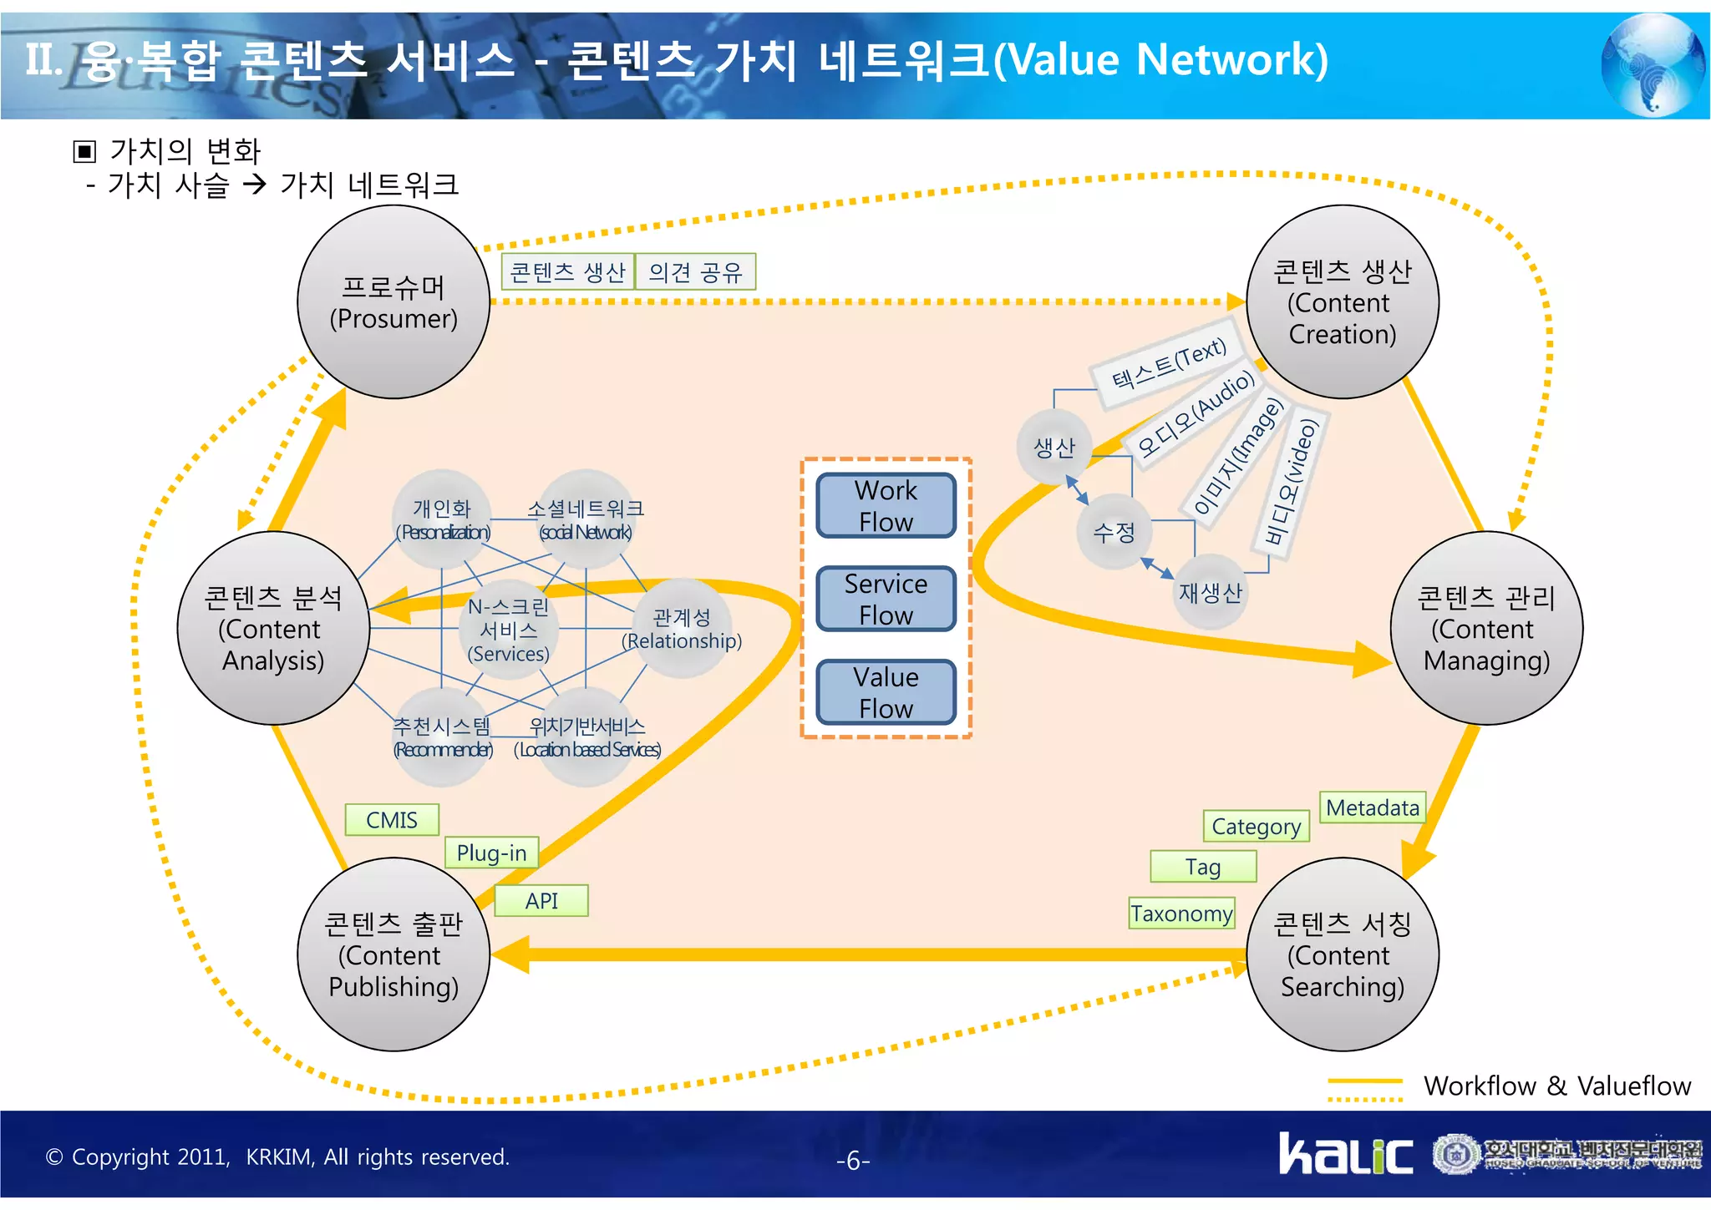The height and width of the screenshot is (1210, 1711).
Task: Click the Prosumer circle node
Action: tap(393, 302)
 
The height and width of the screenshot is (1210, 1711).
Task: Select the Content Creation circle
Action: tap(1342, 302)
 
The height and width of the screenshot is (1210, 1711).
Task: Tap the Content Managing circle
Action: tap(1486, 628)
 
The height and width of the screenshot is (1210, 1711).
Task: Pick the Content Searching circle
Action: tap(1342, 954)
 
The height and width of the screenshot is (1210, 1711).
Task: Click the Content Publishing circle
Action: tap(393, 954)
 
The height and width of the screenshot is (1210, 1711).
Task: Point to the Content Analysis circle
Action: tap(273, 628)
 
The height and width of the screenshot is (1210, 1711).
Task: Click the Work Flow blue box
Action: tap(886, 506)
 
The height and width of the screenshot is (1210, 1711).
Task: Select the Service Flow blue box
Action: tap(886, 599)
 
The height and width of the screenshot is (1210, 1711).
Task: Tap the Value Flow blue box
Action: tap(886, 692)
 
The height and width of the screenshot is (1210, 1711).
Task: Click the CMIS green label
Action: tap(392, 820)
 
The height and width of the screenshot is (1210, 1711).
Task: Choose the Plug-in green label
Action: tap(491, 853)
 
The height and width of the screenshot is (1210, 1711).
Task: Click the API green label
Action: tap(541, 901)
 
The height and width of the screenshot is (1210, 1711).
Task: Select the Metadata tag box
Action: tap(1372, 808)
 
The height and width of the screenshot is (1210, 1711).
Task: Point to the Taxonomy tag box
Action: tap(1181, 914)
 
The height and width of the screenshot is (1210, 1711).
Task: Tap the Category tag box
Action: tap(1256, 827)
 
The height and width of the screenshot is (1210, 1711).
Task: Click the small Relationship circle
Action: tap(683, 629)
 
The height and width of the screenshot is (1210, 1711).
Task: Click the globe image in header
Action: tap(1653, 65)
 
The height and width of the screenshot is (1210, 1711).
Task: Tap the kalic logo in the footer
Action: tap(1345, 1154)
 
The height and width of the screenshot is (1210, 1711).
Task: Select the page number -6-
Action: tap(853, 1161)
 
